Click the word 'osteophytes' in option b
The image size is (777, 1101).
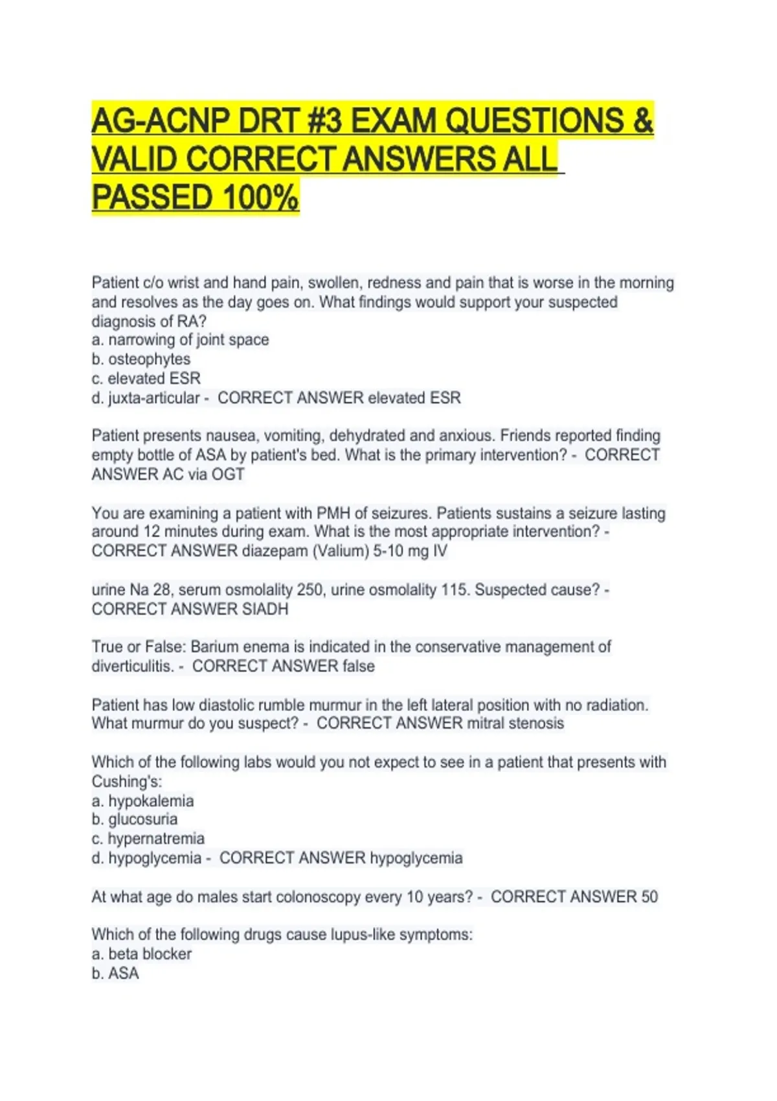point(149,359)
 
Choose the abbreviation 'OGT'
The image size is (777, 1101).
point(227,475)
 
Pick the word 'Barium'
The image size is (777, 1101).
point(214,647)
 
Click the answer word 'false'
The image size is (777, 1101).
point(359,666)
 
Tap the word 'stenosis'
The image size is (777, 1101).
point(536,723)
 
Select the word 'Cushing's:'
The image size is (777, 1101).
point(127,782)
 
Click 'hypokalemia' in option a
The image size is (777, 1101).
point(151,801)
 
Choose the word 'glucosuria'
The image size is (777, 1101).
point(142,819)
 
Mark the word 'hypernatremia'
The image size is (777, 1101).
point(156,839)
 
